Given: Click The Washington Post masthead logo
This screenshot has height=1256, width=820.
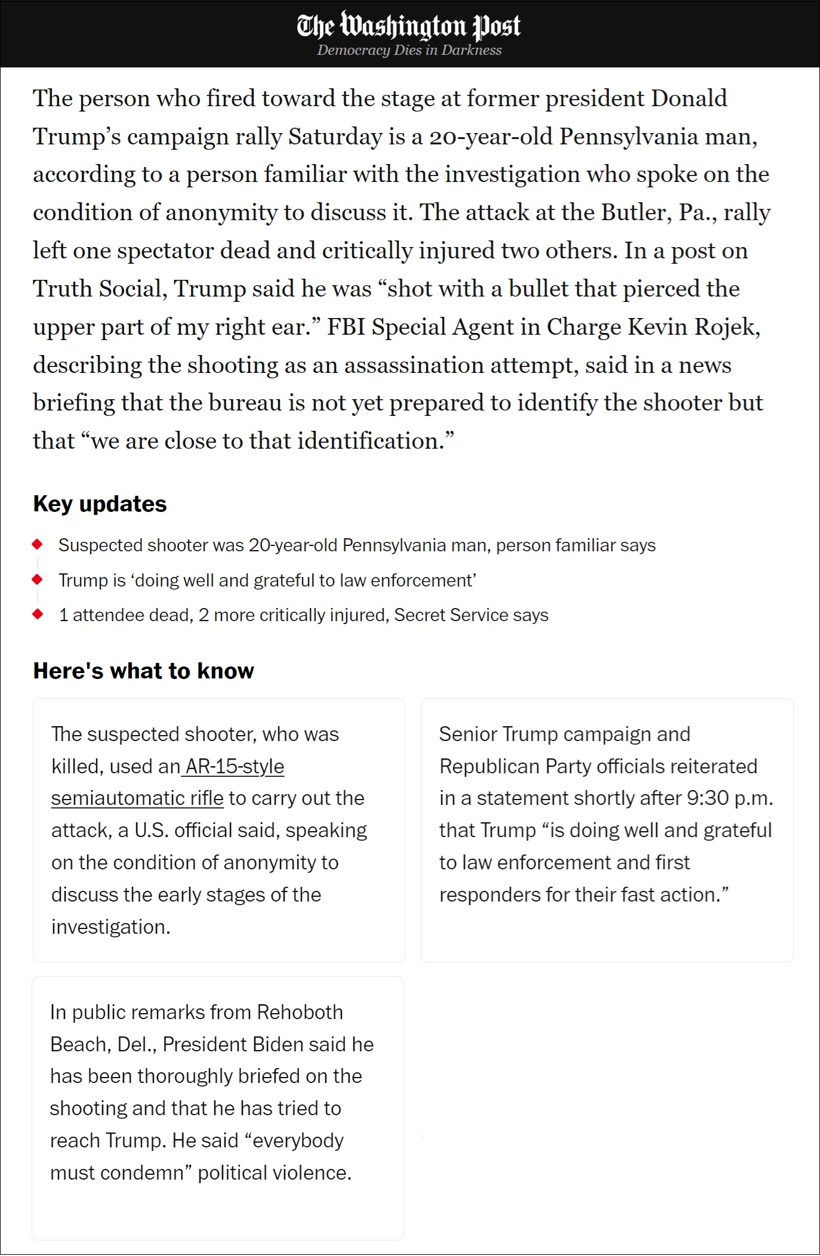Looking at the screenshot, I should coord(409,26).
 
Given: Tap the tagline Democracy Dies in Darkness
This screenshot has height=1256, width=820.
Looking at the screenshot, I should coord(409,51).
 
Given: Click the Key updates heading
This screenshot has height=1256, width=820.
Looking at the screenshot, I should coord(100,504).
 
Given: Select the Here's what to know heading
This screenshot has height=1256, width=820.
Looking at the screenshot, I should coord(143,671).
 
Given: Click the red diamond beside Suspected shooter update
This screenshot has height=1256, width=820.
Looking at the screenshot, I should coord(38,544).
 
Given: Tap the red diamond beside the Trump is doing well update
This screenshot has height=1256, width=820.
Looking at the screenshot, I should coord(38,579).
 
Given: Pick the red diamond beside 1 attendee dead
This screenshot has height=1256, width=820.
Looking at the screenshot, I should coord(38,614).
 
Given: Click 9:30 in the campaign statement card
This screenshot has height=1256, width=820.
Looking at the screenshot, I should coord(708,798).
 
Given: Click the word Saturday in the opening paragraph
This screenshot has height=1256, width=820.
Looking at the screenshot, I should coord(335,137).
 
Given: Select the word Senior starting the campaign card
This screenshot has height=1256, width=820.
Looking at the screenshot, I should coord(468,735).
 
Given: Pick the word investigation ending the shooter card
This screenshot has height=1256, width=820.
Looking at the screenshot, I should coord(110,927).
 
